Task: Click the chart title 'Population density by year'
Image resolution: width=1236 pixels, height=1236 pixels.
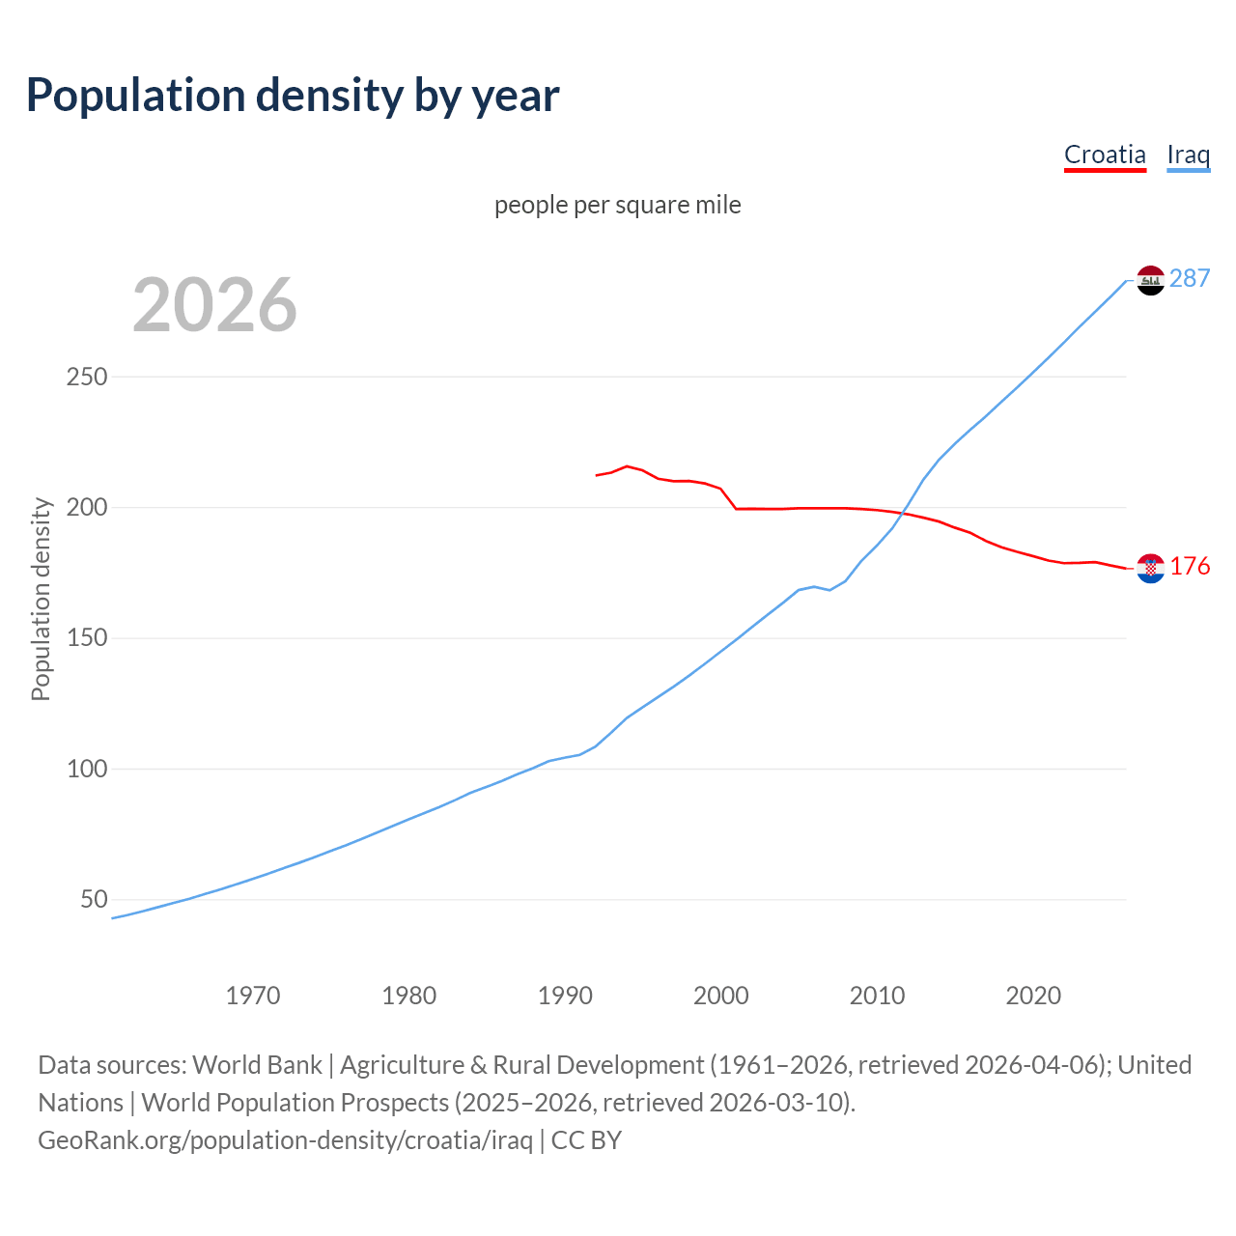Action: pos(293,96)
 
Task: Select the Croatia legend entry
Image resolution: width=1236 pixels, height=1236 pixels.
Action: pos(1105,154)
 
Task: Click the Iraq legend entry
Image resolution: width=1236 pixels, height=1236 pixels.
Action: pos(1188,154)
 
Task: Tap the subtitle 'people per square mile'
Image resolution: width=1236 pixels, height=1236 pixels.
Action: pos(618,206)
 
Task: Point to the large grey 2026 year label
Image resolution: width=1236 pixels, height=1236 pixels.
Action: pos(214,305)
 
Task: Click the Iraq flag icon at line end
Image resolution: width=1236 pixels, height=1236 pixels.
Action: pos(1150,280)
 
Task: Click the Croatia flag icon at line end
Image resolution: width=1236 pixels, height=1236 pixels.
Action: pos(1150,569)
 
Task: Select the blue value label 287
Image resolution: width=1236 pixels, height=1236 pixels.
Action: pos(1190,279)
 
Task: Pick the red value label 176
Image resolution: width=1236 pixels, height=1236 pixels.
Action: pos(1190,567)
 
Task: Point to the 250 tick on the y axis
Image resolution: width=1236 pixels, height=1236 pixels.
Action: pos(87,377)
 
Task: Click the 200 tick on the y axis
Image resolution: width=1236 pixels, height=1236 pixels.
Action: pos(87,507)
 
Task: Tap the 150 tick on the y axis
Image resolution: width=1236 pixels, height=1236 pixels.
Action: pos(87,638)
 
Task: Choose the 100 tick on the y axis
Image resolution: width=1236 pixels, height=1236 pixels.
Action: pos(87,770)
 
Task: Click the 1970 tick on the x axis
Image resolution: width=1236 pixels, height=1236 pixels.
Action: pos(253,996)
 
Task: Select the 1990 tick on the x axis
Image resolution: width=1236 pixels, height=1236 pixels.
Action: pos(565,996)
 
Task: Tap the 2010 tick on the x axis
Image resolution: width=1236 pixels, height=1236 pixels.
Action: pos(877,996)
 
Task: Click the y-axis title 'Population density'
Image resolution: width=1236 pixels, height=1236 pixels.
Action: pos(41,599)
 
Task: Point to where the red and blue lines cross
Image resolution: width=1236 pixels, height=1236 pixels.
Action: pos(904,513)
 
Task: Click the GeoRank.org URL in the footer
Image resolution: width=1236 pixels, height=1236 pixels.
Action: pos(285,1140)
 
